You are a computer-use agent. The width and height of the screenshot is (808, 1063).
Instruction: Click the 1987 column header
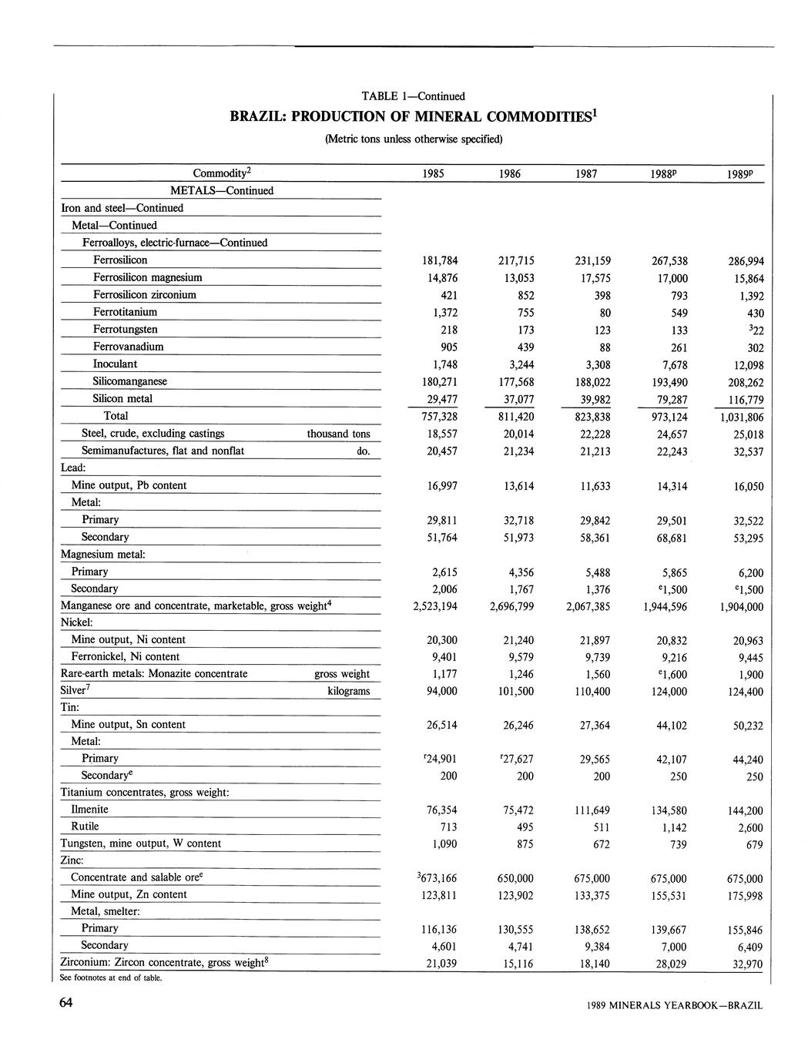(586, 174)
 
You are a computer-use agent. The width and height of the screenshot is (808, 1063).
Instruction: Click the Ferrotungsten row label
(125, 329)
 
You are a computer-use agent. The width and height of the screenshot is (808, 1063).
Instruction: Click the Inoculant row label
(115, 364)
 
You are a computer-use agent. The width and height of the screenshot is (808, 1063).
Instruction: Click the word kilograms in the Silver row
(348, 691)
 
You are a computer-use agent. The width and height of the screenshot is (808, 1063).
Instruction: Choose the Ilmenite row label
(89, 809)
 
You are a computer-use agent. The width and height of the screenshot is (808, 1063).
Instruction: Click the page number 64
(65, 1002)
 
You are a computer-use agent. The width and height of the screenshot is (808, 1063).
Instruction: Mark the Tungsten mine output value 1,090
(442, 844)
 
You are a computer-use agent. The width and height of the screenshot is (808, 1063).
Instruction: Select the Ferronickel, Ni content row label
(125, 656)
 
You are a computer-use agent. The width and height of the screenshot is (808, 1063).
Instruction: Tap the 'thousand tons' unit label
(338, 434)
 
